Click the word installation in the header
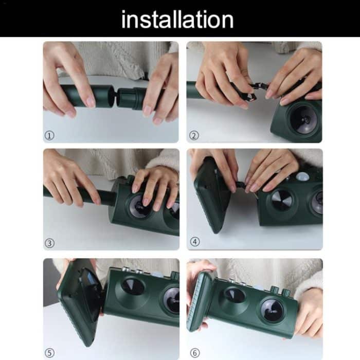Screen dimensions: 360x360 click(177, 20)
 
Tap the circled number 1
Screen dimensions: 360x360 click(49, 135)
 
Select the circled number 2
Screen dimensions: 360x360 click(194, 135)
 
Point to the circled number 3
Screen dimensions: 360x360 click(49, 243)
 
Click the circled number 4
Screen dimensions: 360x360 click(195, 242)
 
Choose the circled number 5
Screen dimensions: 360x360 click(49, 353)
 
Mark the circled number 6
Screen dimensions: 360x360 click(195, 353)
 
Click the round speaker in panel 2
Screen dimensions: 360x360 click(304, 120)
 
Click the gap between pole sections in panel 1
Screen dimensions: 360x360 click(115, 97)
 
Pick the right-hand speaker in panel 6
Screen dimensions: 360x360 click(272, 310)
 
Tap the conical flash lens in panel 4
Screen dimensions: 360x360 click(282, 200)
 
